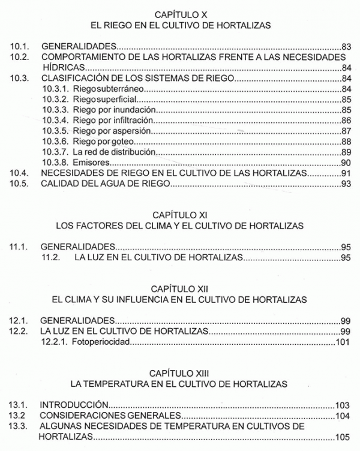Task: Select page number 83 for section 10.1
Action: click(345, 46)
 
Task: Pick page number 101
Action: click(343, 343)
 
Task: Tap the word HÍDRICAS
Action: click(61, 67)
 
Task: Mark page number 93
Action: click(345, 185)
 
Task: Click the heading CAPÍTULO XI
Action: click(179, 214)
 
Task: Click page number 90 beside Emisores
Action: click(345, 163)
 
